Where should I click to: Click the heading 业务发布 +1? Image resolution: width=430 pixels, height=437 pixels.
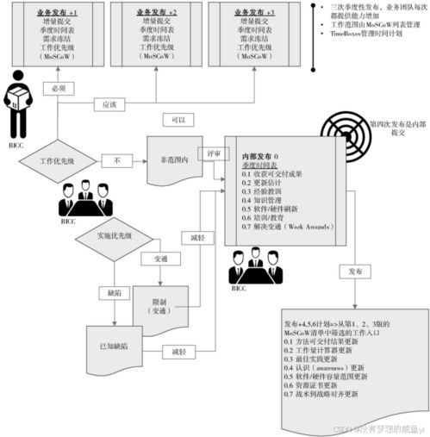pyautogui.click(x=59, y=14)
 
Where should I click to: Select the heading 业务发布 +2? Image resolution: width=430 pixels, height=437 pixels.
pyautogui.click(x=156, y=14)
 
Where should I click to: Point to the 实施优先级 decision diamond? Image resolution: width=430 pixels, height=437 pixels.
pyautogui.click(x=112, y=234)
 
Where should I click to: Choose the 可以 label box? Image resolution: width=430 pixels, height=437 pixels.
pyautogui.click(x=178, y=122)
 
